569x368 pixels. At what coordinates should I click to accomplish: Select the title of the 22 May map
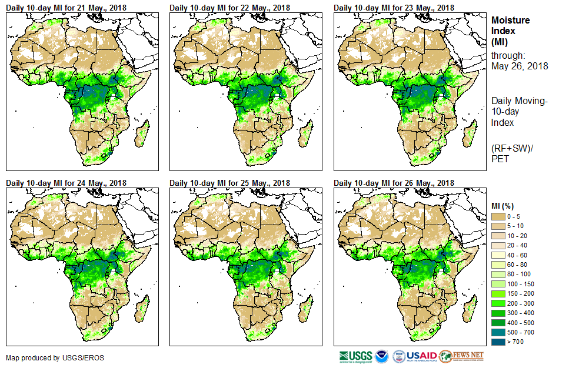click(x=229, y=8)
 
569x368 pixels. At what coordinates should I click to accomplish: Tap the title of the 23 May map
click(x=394, y=8)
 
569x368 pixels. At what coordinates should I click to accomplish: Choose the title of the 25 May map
click(x=229, y=183)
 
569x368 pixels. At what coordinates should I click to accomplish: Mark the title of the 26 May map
click(x=394, y=183)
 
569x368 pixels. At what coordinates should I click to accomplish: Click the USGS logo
click(x=355, y=356)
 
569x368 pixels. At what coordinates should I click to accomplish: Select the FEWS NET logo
click(x=461, y=356)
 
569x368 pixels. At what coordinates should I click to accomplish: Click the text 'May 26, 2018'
click(x=520, y=66)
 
